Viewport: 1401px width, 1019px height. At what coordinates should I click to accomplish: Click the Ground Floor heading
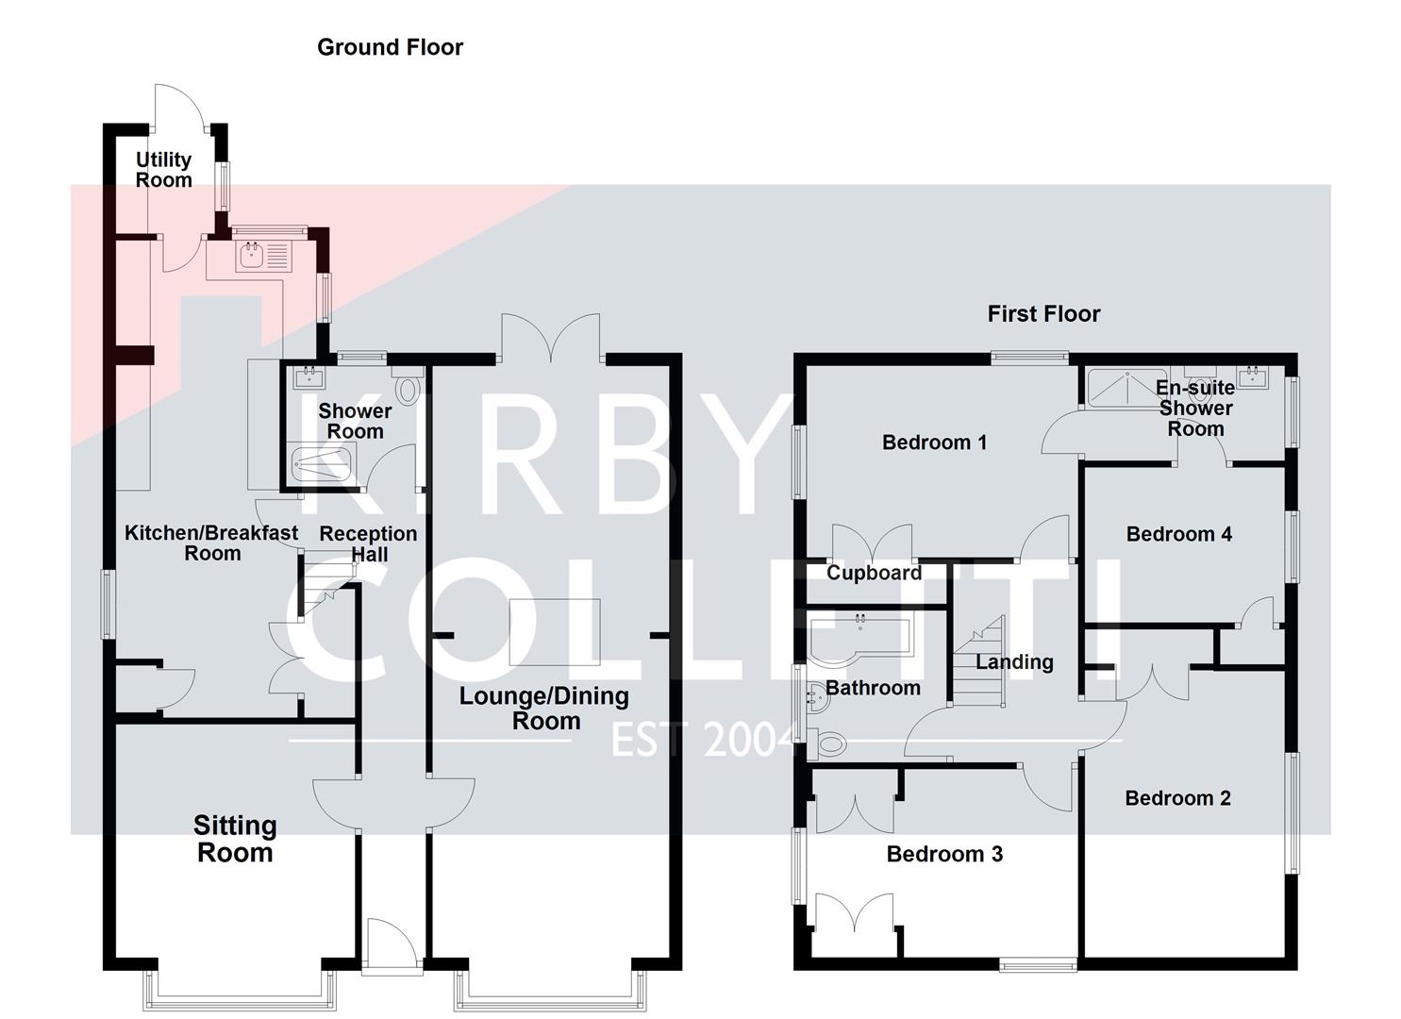[390, 47]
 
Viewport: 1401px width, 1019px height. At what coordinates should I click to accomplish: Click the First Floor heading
[1043, 314]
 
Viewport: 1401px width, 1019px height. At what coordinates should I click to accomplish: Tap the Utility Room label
[163, 170]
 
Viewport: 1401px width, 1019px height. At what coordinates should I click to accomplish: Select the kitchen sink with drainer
[263, 255]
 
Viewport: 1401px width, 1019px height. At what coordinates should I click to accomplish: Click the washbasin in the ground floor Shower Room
[309, 378]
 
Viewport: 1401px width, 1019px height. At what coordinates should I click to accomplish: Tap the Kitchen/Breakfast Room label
[211, 543]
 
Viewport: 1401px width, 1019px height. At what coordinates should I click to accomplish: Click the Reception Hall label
[368, 544]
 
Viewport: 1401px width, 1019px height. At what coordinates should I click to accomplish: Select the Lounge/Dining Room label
[544, 709]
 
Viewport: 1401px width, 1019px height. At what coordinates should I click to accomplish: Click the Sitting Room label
[235, 839]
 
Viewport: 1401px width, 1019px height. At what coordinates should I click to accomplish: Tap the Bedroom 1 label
[934, 443]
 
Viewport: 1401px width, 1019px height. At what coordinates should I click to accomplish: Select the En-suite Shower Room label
[1195, 409]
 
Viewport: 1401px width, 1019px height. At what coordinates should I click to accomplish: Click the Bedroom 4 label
[1178, 535]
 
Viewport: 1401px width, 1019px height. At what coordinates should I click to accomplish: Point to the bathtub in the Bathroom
[859, 639]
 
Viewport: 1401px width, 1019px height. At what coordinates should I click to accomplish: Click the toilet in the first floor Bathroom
[826, 744]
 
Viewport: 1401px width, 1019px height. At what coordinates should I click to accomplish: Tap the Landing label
[1014, 662]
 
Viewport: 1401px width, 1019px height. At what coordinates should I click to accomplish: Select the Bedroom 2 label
[1177, 799]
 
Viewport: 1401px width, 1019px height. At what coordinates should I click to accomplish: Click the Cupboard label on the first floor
[874, 574]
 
